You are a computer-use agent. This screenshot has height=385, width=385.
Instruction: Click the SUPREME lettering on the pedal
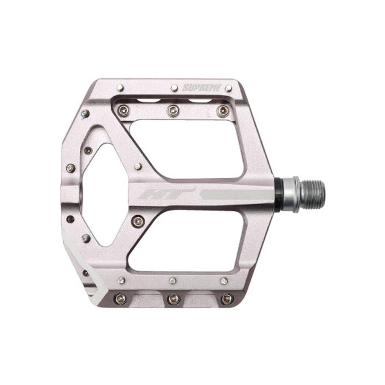point(202,88)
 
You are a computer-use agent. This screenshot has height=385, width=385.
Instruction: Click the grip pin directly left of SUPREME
point(174,88)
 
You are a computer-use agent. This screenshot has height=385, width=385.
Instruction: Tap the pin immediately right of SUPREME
point(229,88)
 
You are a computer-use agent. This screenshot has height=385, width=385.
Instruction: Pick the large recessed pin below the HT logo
point(138,221)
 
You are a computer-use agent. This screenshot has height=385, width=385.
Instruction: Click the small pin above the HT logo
point(138,167)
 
